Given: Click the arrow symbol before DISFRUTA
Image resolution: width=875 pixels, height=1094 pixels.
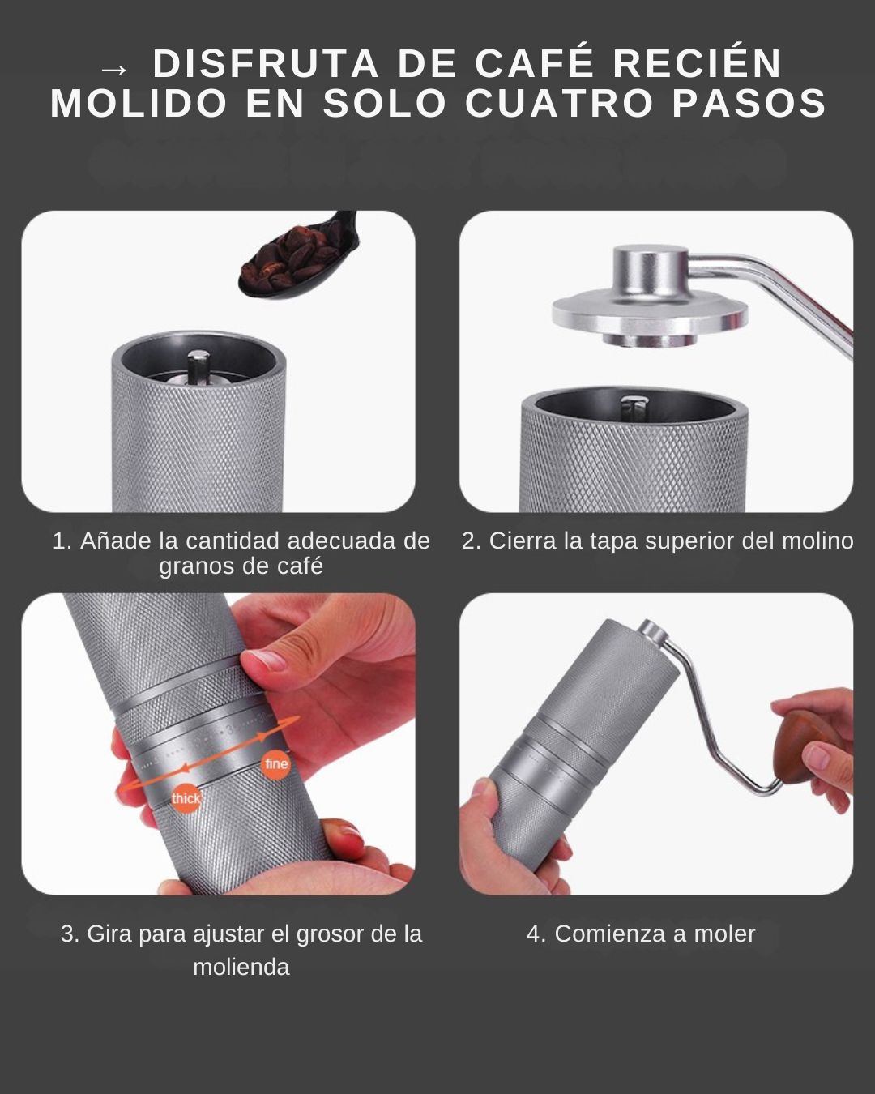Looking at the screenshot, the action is (x=114, y=70).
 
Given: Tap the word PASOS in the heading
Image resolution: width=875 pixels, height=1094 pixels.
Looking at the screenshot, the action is (x=749, y=103).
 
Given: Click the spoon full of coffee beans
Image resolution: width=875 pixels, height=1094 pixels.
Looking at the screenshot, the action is (x=297, y=256).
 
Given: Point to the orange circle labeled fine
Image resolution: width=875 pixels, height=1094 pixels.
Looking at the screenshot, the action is (x=276, y=763).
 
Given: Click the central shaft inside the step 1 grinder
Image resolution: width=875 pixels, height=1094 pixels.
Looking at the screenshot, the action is (x=198, y=367).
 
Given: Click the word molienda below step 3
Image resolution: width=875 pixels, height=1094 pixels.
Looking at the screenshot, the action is (x=241, y=968).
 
